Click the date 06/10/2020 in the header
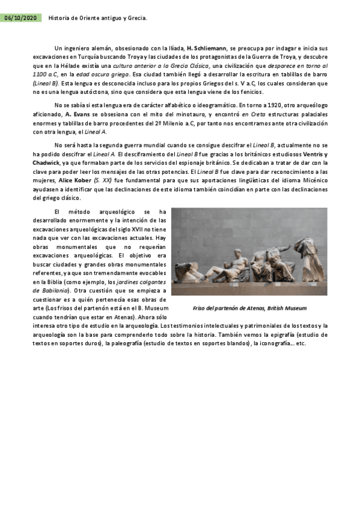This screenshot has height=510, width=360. (x=20, y=18)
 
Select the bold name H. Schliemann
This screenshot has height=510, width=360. (x=206, y=48)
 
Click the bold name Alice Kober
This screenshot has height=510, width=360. (x=74, y=180)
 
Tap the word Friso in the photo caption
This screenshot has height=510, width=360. (x=201, y=308)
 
